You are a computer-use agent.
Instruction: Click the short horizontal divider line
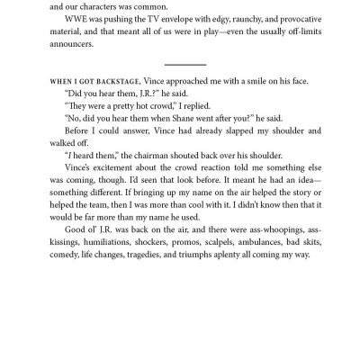point(186,64)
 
